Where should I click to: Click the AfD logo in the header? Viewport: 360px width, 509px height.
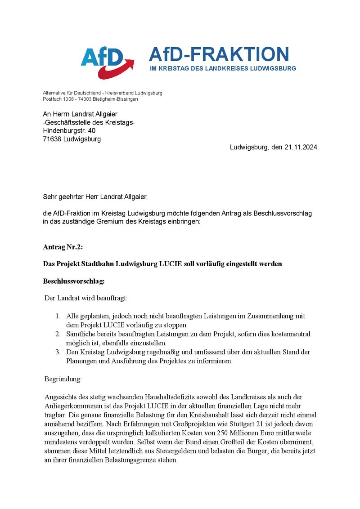pyautogui.click(x=107, y=62)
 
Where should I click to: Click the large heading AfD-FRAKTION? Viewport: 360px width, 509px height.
pyautogui.click(x=219, y=54)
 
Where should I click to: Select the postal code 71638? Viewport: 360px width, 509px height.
pyautogui.click(x=53, y=139)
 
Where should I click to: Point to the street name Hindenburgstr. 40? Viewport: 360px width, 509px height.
pyautogui.click(x=69, y=131)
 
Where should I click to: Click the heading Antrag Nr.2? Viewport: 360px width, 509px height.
pyautogui.click(x=63, y=247)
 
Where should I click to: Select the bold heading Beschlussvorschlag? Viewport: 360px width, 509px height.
pyautogui.click(x=74, y=281)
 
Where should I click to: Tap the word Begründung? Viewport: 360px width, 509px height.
pyautogui.click(x=63, y=379)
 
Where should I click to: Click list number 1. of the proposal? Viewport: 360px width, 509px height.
pyautogui.click(x=58, y=316)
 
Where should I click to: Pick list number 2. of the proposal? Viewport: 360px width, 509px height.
pyautogui.click(x=58, y=334)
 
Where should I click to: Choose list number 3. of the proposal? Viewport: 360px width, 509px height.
pyautogui.click(x=58, y=352)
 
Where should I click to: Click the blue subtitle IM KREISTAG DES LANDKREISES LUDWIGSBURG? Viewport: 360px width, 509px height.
pyautogui.click(x=223, y=69)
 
